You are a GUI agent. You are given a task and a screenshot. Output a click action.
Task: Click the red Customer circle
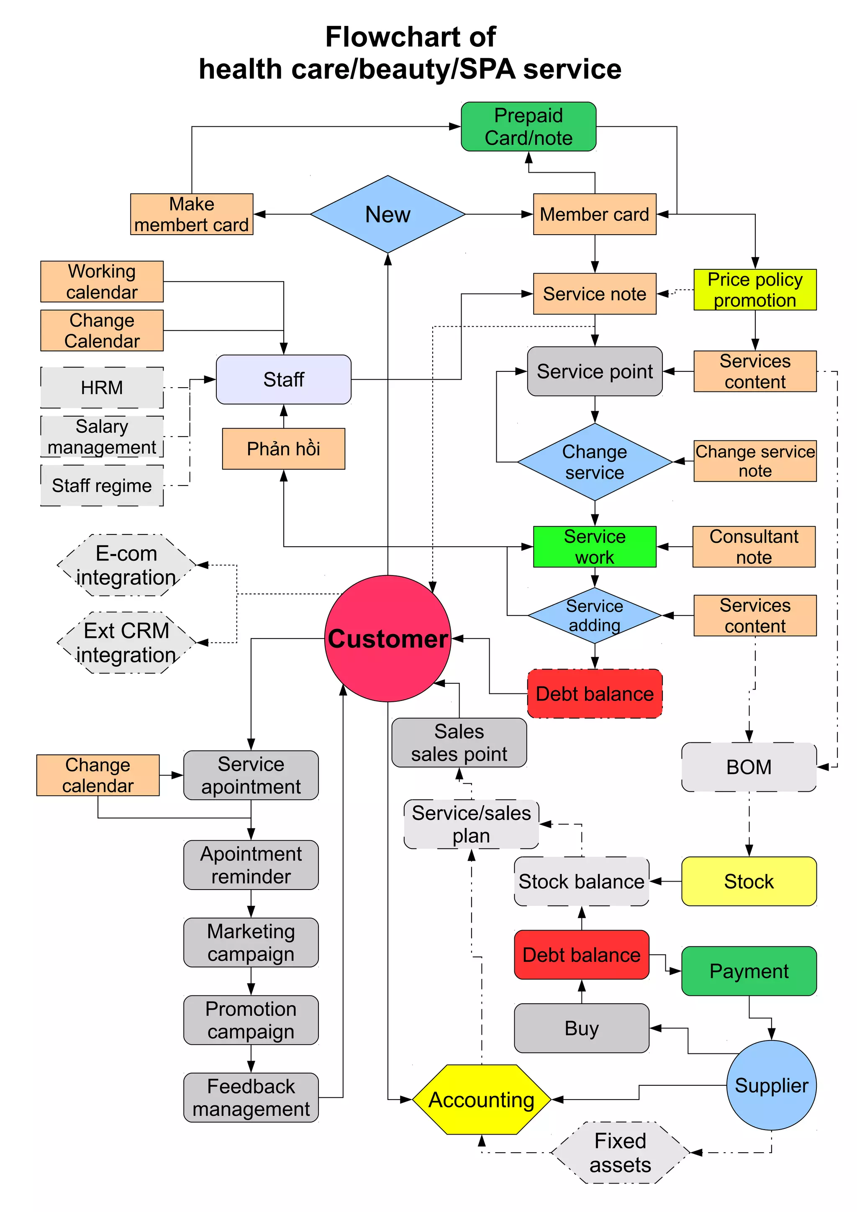[x=387, y=638]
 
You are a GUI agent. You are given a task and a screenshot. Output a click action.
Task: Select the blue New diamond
[x=387, y=214]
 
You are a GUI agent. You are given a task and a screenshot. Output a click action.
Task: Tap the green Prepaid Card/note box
[x=529, y=127]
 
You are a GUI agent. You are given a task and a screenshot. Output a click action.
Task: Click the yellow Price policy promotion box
[x=754, y=289]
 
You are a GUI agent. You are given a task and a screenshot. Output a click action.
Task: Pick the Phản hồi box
[x=284, y=449]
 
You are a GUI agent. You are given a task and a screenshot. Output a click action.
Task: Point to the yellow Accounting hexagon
[x=481, y=1099]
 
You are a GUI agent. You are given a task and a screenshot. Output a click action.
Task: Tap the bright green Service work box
[x=595, y=547]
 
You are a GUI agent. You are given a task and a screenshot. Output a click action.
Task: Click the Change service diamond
[x=595, y=462]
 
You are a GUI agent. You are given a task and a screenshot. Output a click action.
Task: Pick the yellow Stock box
[x=749, y=882]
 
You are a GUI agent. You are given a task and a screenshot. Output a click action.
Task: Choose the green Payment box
[x=749, y=971]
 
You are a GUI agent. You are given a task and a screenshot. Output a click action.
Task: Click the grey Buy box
[x=581, y=1028]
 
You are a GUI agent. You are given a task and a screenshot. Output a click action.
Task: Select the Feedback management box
[x=251, y=1097]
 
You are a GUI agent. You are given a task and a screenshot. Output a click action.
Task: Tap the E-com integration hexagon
[x=126, y=565]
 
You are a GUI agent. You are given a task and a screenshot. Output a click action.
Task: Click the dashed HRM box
[x=102, y=387]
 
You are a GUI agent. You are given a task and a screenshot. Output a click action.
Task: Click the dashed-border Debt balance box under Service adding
[x=595, y=694]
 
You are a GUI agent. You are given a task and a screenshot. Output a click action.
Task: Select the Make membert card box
[x=192, y=214]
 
